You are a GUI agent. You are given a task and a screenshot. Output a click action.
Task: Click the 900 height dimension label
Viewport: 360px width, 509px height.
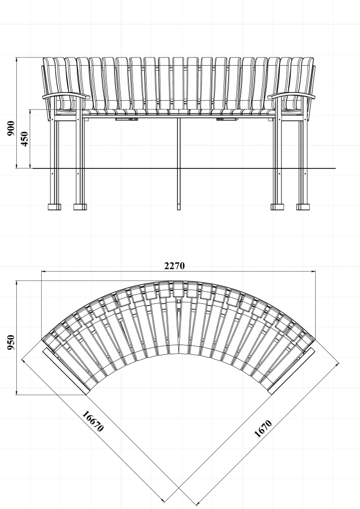tap(11, 128)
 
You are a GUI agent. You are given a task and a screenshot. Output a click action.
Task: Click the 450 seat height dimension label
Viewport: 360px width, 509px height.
tap(24, 139)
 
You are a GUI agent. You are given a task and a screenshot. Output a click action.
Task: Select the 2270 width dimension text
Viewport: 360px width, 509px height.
tap(174, 266)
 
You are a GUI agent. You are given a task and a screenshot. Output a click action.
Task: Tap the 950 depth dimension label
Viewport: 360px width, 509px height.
tap(11, 343)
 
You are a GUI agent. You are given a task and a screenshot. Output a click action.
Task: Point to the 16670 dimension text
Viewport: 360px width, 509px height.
tap(93, 421)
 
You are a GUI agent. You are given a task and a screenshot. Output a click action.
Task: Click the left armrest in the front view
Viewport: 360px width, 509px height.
tap(66, 96)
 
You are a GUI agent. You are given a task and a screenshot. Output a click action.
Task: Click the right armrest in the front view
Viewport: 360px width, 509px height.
tap(291, 96)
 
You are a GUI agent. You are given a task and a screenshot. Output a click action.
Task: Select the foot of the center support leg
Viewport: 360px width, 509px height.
tap(179, 207)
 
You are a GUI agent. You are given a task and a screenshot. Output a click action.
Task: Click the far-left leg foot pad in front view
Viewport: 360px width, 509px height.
tap(54, 207)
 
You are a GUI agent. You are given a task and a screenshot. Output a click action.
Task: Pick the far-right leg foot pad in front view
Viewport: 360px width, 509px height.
tap(303, 207)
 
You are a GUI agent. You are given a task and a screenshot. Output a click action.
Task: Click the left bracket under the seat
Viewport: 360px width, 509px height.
tap(127, 119)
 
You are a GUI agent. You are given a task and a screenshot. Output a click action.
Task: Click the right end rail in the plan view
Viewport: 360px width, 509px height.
tap(291, 371)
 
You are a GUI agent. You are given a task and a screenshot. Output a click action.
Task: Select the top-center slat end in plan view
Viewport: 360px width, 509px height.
tap(178, 290)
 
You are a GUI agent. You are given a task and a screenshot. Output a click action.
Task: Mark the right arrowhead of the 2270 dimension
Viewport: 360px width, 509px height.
tap(313, 271)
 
